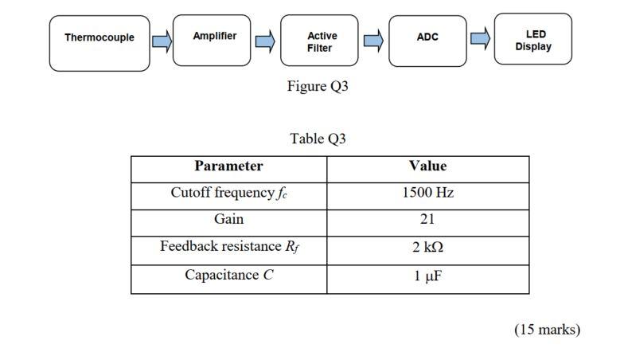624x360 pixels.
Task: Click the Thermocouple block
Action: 99,43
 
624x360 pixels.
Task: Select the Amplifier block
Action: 212,40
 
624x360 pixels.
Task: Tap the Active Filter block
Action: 319,41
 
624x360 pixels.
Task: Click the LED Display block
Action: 532,39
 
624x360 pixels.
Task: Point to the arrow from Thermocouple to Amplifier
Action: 162,41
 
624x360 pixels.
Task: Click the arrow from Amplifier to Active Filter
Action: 265,41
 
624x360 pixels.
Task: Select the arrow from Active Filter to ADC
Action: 373,41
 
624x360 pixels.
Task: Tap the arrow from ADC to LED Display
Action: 480,38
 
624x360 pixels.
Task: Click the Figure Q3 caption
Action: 318,86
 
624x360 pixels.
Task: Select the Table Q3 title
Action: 318,139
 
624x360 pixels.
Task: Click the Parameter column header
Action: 228,166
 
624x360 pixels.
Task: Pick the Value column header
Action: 427,166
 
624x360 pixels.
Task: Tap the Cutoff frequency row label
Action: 228,194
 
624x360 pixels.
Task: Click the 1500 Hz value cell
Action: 427,194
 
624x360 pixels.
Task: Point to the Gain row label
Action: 228,219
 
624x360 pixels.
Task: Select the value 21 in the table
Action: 427,220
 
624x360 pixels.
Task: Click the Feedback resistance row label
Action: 228,247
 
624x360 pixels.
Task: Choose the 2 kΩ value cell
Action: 427,248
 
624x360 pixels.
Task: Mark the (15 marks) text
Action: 547,330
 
